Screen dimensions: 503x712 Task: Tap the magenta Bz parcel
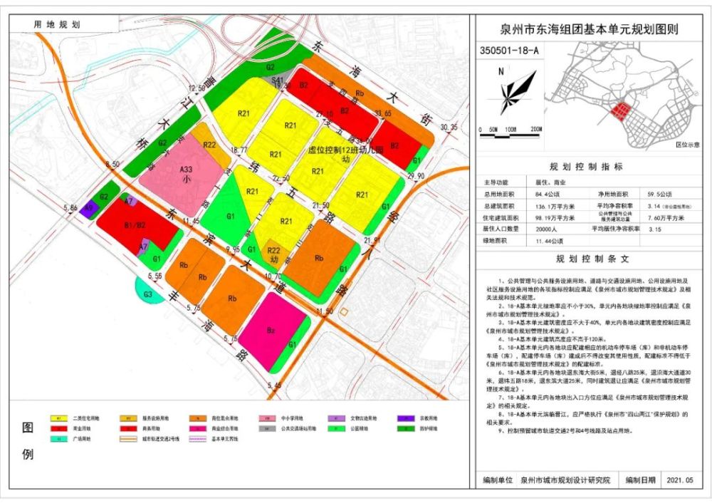point(271,331)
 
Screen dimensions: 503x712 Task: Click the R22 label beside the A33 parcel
point(209,145)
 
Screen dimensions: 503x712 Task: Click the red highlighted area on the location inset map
point(622,110)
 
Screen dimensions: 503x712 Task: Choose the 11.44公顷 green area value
point(540,242)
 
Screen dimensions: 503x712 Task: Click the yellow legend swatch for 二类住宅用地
point(56,418)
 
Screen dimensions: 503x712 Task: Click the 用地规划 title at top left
point(58,24)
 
